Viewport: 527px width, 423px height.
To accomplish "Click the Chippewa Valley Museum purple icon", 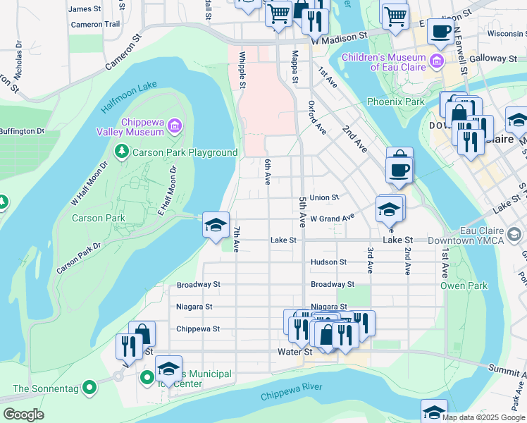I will click(x=174, y=127).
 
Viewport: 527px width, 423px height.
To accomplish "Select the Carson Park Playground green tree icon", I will click(x=122, y=152).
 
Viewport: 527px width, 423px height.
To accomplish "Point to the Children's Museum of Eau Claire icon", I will click(x=437, y=61).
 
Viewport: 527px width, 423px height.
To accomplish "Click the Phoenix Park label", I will click(x=395, y=102).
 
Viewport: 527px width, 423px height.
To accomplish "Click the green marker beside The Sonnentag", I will click(x=89, y=388).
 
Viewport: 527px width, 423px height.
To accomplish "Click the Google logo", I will click(x=23, y=415).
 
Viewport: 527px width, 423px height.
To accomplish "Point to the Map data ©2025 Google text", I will click(x=482, y=417).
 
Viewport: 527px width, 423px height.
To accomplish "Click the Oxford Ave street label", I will click(x=316, y=116).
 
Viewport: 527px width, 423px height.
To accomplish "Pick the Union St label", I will click(x=324, y=198).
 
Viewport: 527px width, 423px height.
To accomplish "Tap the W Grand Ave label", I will click(x=331, y=219).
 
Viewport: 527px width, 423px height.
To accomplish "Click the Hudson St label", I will click(x=328, y=262).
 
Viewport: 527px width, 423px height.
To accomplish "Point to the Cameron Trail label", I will click(x=95, y=24).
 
